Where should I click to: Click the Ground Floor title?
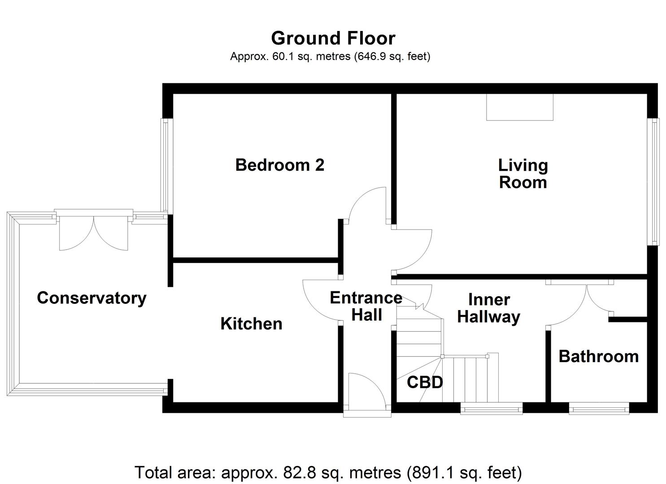click(333, 39)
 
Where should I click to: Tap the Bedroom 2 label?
click(279, 165)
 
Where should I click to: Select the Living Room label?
click(523, 174)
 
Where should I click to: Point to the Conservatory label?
click(91, 298)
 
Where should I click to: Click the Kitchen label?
click(251, 324)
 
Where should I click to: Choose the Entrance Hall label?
click(366, 306)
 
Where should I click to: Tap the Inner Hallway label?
click(489, 308)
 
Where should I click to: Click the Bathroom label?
click(599, 356)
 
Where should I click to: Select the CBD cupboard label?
click(424, 382)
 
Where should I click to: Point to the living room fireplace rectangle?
click(520, 107)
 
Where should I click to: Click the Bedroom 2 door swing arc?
click(366, 204)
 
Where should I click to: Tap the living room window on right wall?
click(655, 181)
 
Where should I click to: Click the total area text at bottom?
click(328, 472)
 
